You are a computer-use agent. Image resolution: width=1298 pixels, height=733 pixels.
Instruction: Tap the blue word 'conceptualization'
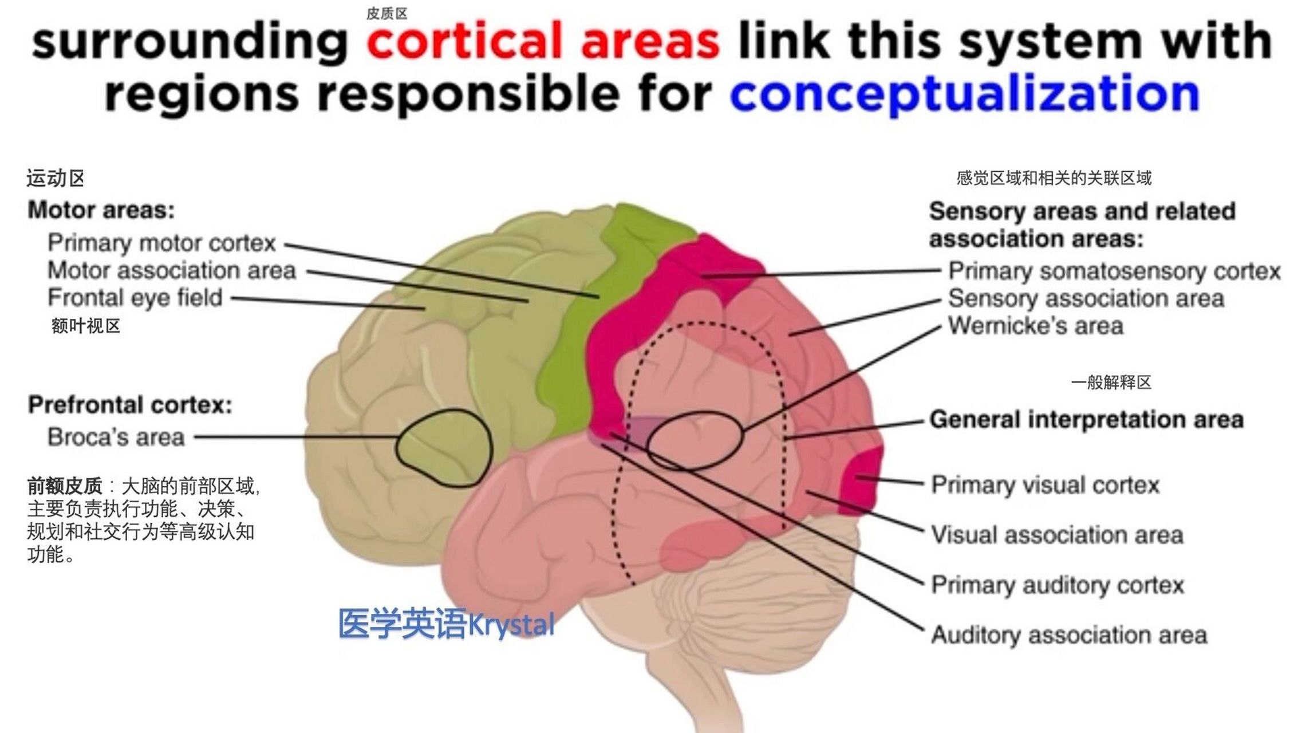coord(964,94)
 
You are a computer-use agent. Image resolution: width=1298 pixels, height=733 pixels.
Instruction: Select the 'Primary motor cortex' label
coord(161,243)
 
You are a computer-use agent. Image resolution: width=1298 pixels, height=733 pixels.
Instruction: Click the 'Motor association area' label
coord(171,270)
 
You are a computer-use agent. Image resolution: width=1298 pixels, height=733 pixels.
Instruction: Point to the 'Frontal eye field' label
coord(135,298)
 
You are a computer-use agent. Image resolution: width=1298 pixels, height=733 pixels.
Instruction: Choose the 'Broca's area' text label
coord(116,438)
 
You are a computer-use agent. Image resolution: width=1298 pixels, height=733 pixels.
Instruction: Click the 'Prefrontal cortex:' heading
coord(130,405)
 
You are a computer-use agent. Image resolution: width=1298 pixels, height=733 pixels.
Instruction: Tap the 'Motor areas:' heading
coord(101,210)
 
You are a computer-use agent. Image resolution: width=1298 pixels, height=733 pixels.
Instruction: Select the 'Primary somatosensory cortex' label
coord(1114,271)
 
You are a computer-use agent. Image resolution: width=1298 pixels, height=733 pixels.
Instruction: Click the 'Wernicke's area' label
coord(1035,326)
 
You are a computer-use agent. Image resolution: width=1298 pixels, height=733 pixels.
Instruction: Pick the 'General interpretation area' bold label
coord(1086,420)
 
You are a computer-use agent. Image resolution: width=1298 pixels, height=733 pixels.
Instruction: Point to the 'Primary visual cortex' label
coord(1045,485)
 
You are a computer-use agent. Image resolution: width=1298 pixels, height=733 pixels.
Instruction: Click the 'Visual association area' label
coord(1057,535)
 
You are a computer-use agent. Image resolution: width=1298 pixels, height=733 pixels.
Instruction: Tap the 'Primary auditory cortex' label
coord(1057,585)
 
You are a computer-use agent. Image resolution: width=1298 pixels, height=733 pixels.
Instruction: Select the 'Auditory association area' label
coord(1069,635)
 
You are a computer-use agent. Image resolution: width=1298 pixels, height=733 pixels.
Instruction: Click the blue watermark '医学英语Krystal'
coord(446,624)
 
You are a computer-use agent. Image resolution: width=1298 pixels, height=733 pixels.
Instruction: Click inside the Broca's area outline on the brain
coord(444,447)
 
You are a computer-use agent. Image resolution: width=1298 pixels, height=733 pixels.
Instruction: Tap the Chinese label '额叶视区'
coord(86,326)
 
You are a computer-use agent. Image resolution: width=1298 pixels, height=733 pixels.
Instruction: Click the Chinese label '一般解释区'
coord(1111,383)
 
